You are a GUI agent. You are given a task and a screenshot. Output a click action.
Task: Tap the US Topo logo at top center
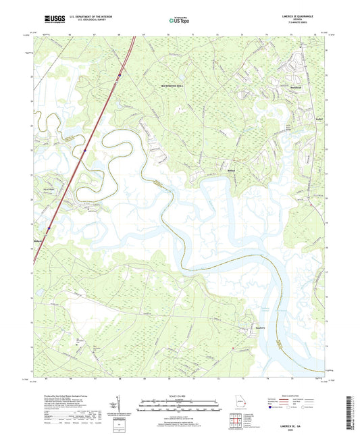click(178, 21)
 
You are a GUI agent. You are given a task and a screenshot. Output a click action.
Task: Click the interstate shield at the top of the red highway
click(120, 72)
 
